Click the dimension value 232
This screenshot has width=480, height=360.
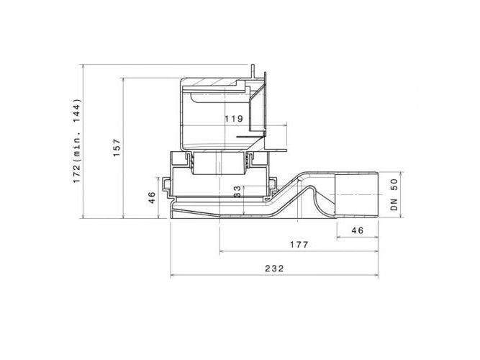274,269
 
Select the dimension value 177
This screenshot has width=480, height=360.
299,245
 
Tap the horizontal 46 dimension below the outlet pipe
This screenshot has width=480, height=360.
357,230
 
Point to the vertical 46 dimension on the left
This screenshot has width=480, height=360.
152,197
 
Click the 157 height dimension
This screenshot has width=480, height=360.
117,148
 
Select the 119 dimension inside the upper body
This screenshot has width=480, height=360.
234,119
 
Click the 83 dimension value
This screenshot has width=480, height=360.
237,192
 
